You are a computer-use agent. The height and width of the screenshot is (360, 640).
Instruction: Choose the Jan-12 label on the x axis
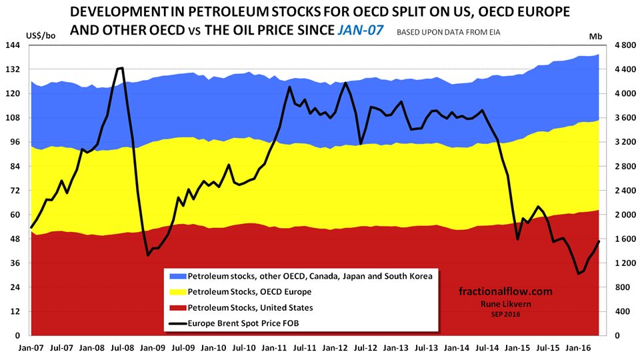click(x=335, y=347)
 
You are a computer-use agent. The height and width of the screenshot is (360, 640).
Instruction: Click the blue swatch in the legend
click(x=177, y=276)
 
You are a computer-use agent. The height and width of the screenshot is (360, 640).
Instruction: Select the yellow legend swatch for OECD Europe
click(x=177, y=292)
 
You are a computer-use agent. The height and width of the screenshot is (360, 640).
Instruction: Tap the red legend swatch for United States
click(x=177, y=308)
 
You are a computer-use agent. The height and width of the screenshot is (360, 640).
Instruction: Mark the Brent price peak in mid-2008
click(x=121, y=68)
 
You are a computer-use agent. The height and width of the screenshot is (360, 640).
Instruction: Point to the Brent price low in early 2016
click(x=579, y=273)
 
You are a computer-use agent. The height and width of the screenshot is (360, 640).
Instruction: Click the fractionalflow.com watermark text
click(x=506, y=291)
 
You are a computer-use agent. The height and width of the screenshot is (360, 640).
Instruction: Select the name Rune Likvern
click(x=506, y=304)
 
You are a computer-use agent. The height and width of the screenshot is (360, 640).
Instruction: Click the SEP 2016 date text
click(x=506, y=313)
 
